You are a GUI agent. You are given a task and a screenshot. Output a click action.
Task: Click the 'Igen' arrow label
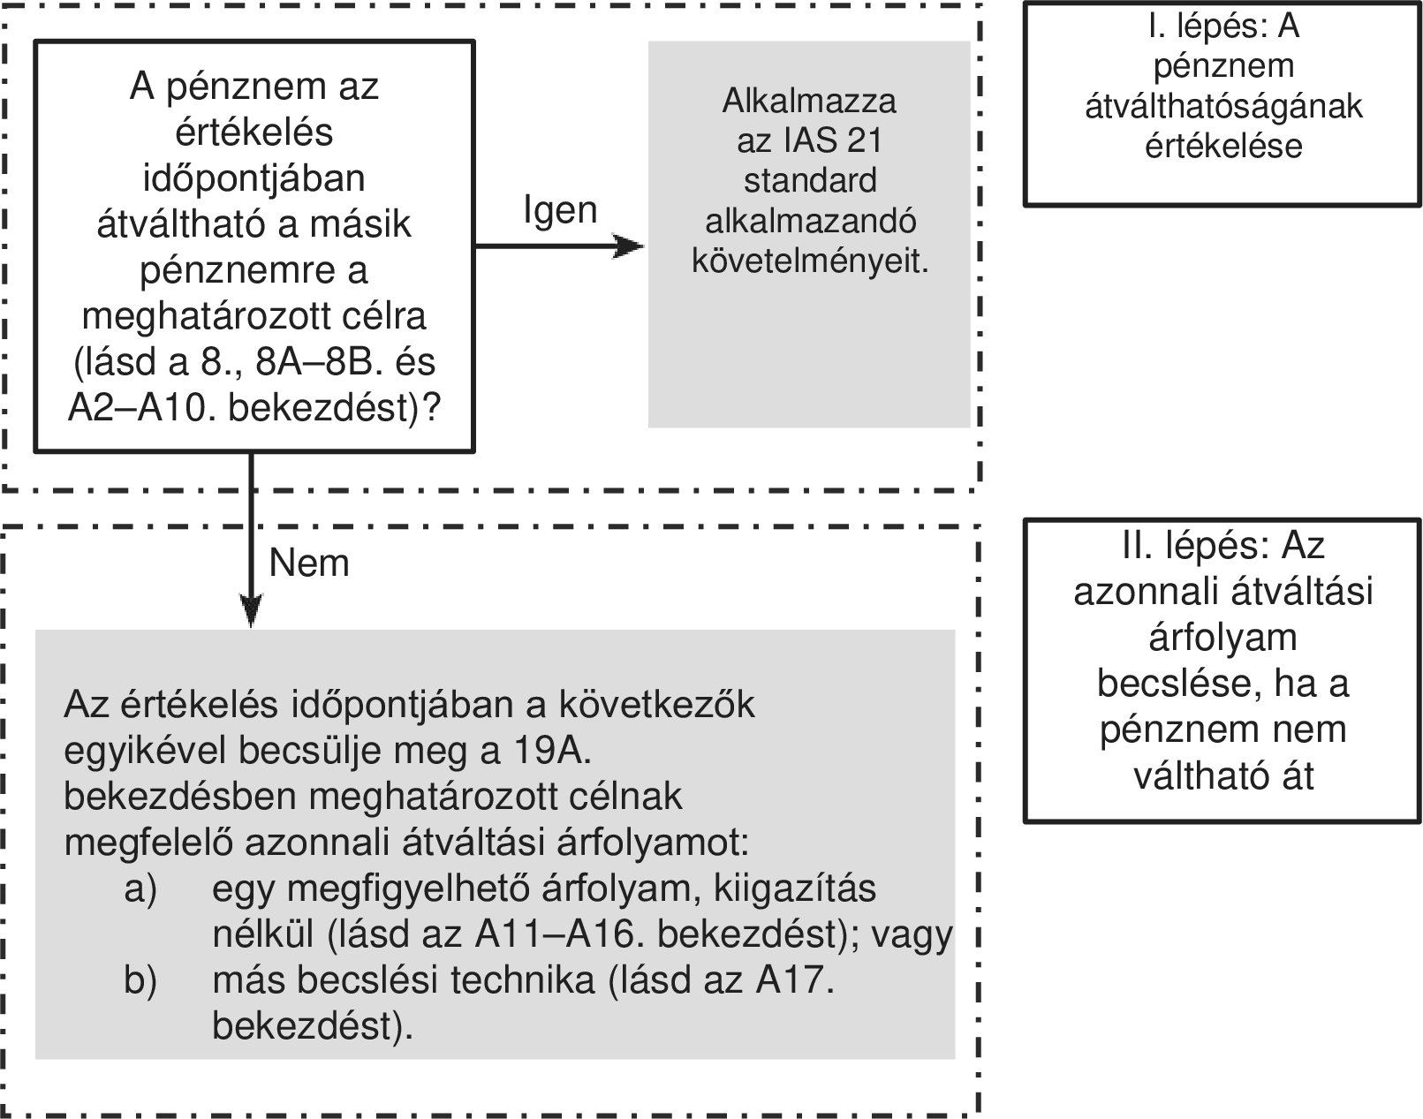[560, 210]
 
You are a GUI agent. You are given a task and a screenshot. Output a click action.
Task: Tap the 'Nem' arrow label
[308, 563]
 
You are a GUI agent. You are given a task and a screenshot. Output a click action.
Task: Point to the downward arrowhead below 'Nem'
[252, 611]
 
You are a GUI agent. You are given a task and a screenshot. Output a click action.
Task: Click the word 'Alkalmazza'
[808, 102]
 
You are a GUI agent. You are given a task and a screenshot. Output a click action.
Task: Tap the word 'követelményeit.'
[809, 261]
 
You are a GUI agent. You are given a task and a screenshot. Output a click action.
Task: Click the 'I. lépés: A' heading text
[1223, 27]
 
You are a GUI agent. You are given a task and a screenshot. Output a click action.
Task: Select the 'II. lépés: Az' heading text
[1223, 545]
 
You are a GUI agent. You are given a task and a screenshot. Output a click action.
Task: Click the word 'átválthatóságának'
[1223, 106]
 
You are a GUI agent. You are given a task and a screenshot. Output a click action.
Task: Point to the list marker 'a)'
[140, 888]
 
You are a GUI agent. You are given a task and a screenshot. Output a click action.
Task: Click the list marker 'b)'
[140, 980]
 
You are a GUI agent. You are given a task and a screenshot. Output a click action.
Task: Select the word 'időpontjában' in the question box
[254, 178]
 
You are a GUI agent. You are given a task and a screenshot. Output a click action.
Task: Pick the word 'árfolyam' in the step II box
[1223, 638]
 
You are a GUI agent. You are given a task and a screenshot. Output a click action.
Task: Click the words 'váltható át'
[1223, 775]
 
